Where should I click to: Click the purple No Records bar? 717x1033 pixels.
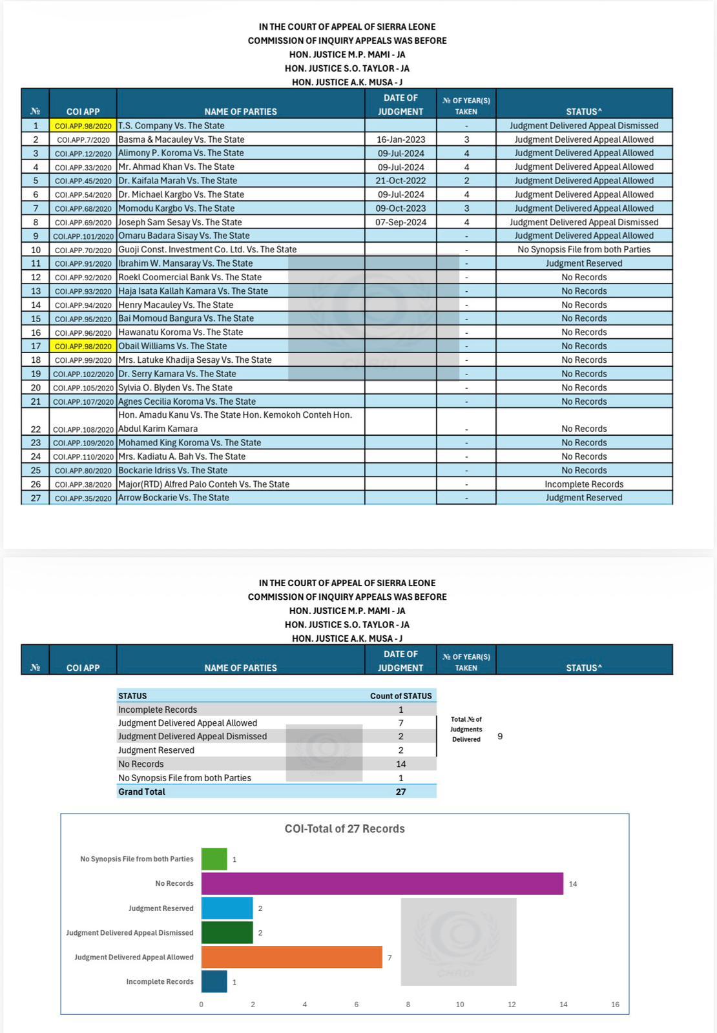point(382,883)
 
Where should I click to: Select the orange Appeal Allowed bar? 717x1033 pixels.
point(291,957)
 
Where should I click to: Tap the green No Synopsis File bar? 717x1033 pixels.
point(214,859)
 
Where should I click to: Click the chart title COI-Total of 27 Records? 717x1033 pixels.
point(344,829)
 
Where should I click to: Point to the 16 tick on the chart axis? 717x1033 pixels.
point(615,1004)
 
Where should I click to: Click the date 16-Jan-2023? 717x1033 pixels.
point(400,139)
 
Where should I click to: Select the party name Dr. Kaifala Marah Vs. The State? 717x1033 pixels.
point(178,181)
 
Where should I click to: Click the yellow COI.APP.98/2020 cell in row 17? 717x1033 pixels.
point(83,347)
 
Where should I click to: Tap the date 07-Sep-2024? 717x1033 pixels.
point(400,222)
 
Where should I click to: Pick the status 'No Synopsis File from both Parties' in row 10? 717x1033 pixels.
point(584,249)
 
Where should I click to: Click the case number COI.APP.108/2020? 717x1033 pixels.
point(83,429)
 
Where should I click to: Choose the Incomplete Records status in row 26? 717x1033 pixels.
point(584,484)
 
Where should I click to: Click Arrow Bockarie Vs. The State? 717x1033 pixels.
point(174,498)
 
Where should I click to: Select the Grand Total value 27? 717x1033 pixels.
point(400,792)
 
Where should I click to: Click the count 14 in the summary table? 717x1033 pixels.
point(400,764)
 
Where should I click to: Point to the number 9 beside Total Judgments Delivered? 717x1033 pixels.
point(500,736)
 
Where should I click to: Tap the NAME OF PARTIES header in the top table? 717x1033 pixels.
point(240,112)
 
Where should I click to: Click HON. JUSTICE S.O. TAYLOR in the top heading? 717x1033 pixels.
point(347,68)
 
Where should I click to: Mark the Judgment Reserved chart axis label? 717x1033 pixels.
point(161,908)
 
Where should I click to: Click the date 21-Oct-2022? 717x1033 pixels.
point(400,181)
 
